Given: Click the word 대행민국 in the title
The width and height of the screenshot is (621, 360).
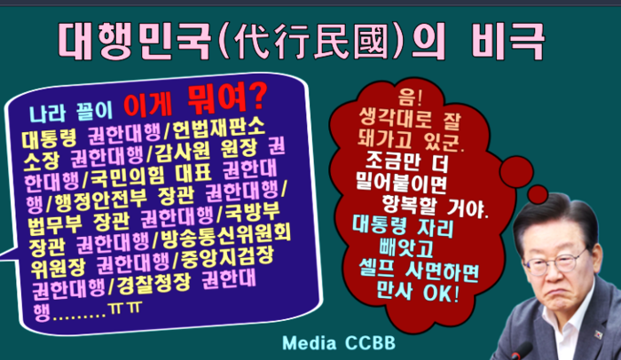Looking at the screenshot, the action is click(134, 41).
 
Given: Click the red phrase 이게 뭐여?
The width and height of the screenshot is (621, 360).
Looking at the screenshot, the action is click(194, 100).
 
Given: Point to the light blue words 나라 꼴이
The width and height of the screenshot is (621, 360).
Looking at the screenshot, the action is click(71, 112).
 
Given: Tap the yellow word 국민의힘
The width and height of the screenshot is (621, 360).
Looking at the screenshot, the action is click(127, 176).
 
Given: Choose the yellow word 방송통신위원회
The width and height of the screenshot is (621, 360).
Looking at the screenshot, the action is click(225, 234).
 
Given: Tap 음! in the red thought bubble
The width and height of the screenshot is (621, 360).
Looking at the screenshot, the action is click(411, 98).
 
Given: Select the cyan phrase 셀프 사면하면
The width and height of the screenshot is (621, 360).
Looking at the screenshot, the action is click(419, 271).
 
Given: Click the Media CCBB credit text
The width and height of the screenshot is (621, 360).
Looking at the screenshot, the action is click(339, 343).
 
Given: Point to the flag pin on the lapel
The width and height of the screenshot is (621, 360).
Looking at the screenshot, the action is click(598, 334).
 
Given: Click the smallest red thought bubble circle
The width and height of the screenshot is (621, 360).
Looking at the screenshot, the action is click(538, 195).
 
